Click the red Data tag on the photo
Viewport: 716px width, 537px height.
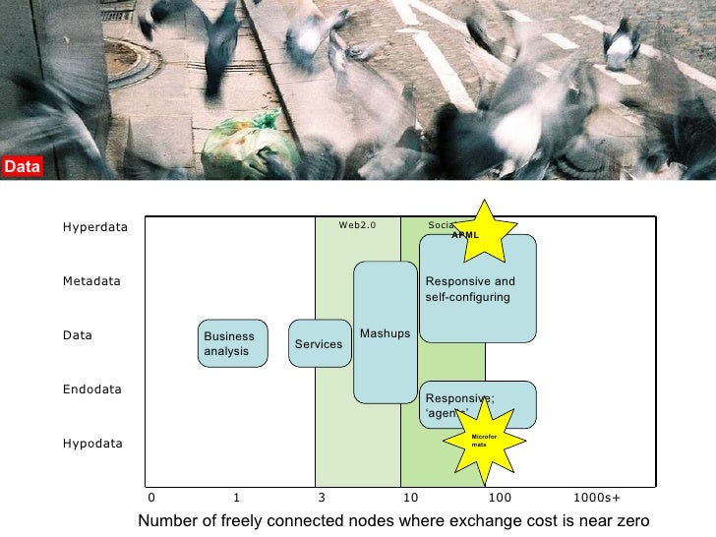[x=22, y=167]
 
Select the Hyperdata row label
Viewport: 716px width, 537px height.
[x=95, y=227]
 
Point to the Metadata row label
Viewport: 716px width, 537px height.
[x=91, y=281]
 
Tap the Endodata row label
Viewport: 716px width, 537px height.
[x=92, y=389]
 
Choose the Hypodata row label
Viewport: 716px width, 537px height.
[x=93, y=444]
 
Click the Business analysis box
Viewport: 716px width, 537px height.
[x=232, y=343]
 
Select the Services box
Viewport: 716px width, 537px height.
[x=319, y=343]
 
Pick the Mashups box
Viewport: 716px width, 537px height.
[x=385, y=332]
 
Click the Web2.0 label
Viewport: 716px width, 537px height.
[x=358, y=225]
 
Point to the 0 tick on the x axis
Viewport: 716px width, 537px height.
[x=151, y=498]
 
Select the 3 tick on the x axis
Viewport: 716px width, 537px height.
[x=321, y=498]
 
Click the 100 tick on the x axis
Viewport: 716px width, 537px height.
[x=499, y=498]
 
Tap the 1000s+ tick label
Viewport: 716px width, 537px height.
[x=596, y=498]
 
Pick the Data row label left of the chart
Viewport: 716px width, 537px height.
[x=78, y=335]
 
